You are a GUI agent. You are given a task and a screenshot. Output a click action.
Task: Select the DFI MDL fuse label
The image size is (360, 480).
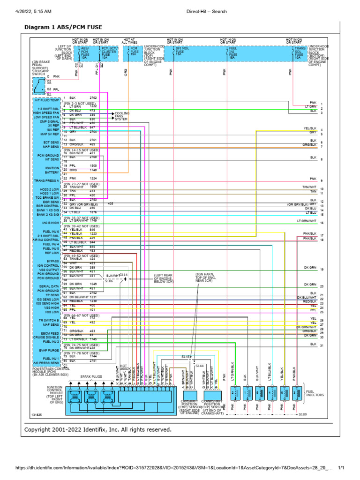(x=181, y=50)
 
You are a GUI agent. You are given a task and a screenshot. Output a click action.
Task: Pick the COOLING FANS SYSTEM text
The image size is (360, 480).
(x=122, y=116)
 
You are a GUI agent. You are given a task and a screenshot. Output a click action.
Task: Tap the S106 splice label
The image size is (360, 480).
(x=108, y=281)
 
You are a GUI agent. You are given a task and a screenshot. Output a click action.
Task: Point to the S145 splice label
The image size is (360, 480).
(x=186, y=357)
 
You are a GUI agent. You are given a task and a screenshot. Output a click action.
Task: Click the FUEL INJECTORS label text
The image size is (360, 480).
(x=315, y=393)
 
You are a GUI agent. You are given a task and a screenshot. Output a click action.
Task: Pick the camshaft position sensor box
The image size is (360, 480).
(x=189, y=394)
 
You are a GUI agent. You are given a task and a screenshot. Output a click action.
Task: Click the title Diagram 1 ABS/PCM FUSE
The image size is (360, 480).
(x=63, y=28)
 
